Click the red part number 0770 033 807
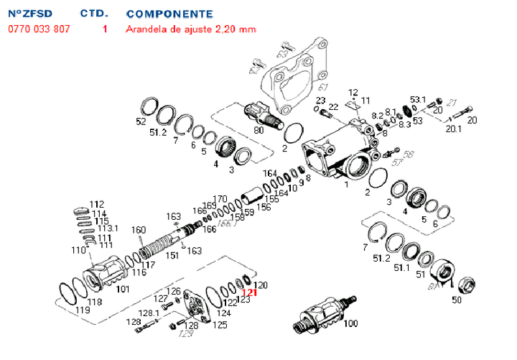click(x=39, y=29)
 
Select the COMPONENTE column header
click(x=169, y=14)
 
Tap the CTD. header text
click(x=94, y=14)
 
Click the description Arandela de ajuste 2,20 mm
click(x=190, y=29)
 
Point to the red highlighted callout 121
click(x=248, y=293)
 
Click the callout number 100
click(x=351, y=324)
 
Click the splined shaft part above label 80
click(x=259, y=114)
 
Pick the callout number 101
click(x=123, y=290)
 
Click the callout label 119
click(x=83, y=310)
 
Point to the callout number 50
click(x=457, y=300)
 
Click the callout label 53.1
click(x=418, y=99)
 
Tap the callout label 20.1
click(x=453, y=129)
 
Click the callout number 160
click(x=139, y=230)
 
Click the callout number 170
click(x=220, y=198)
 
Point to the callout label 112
click(x=97, y=204)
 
